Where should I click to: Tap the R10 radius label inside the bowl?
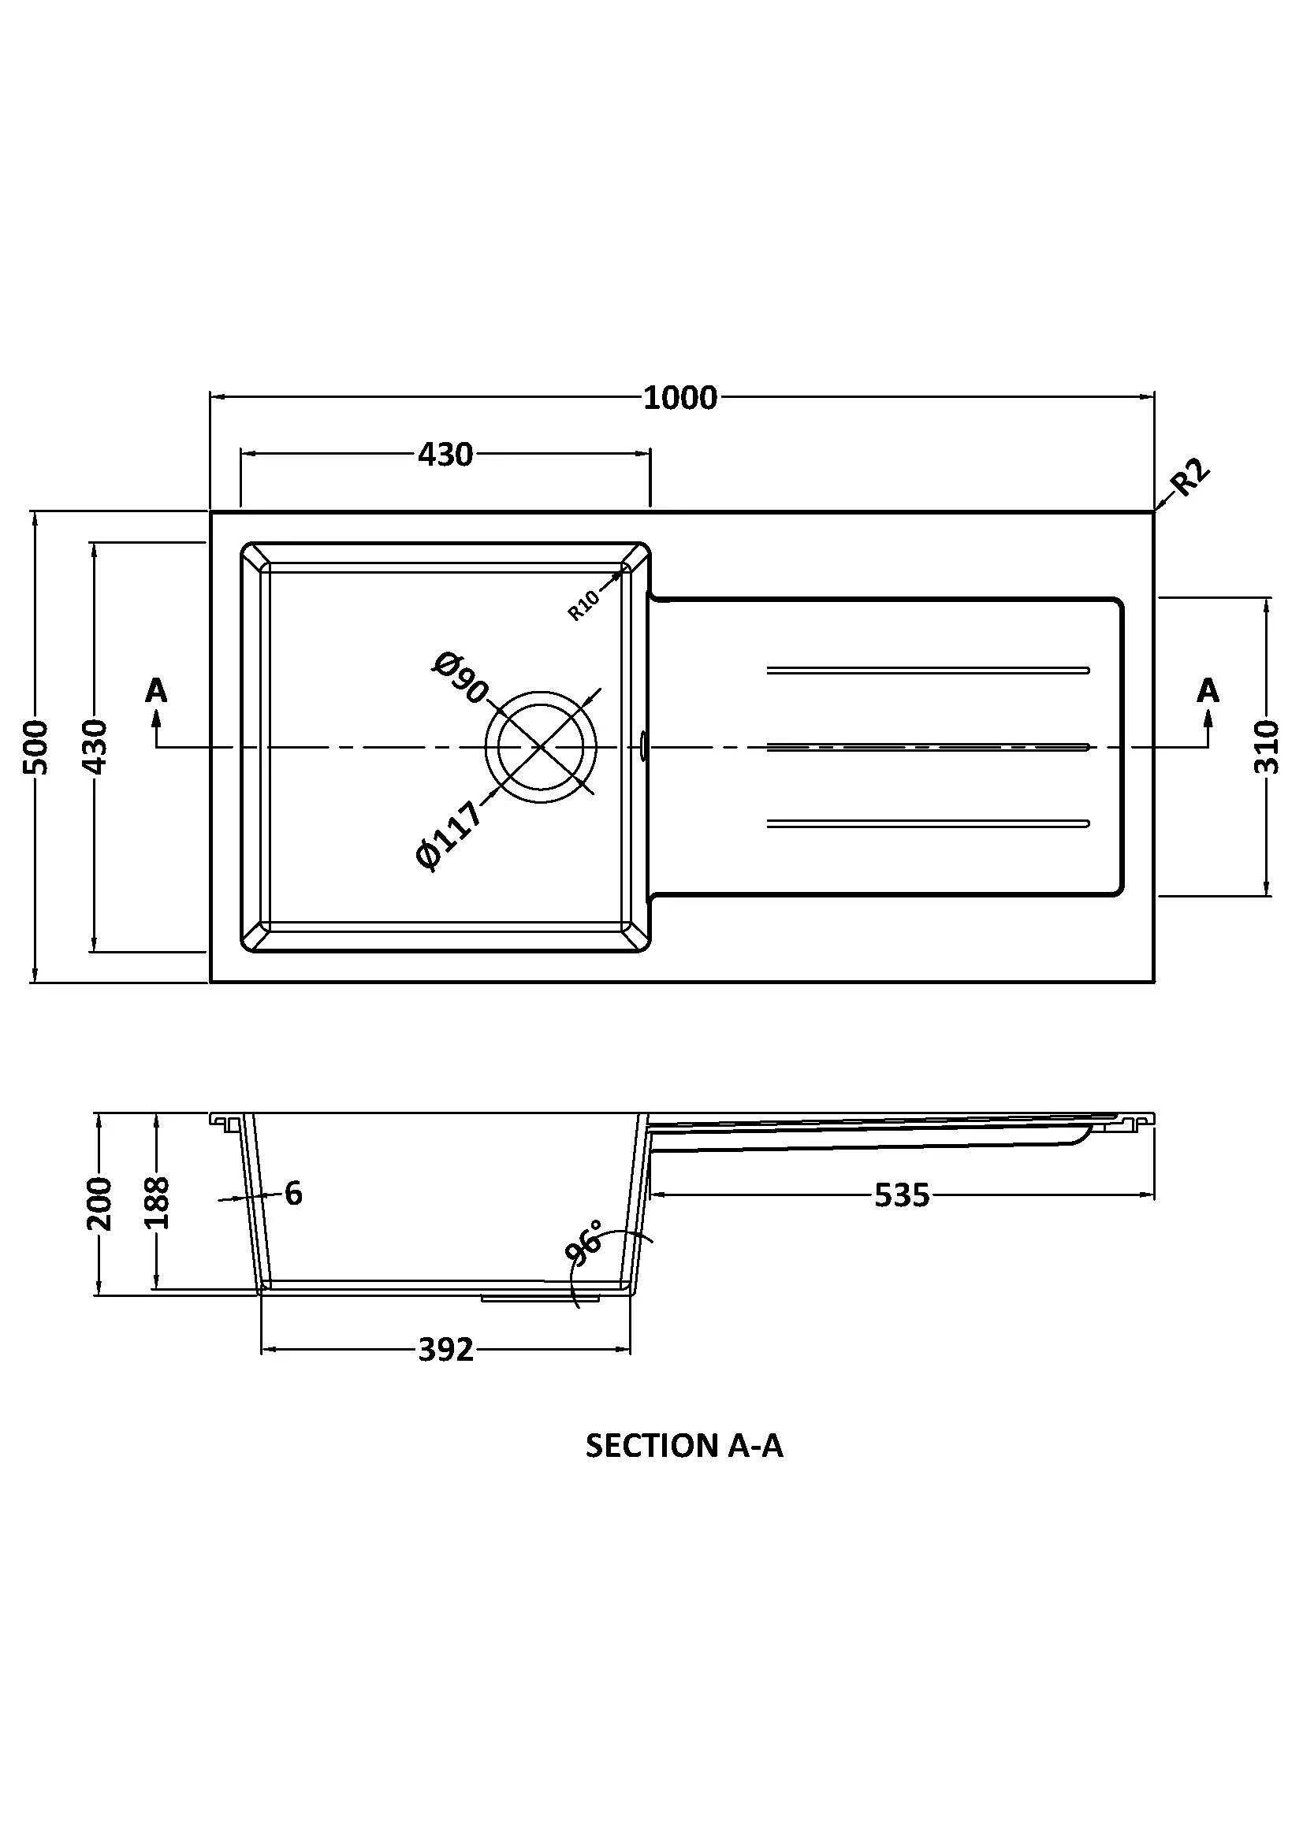pyautogui.click(x=583, y=605)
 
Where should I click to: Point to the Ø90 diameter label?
pyautogui.click(x=460, y=678)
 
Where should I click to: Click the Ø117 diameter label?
pyautogui.click(x=449, y=834)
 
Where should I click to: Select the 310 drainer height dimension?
pyautogui.click(x=1265, y=746)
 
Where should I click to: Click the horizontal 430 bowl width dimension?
pyautogui.click(x=445, y=455)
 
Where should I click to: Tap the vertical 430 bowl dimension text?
pyautogui.click(x=95, y=746)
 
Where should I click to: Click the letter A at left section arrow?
pyautogui.click(x=157, y=690)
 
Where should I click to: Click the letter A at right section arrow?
pyautogui.click(x=1208, y=690)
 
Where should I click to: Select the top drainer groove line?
pyautogui.click(x=927, y=670)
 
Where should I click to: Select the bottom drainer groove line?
pyautogui.click(x=927, y=823)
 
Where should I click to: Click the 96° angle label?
pyautogui.click(x=583, y=1243)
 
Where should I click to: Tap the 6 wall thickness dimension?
pyautogui.click(x=294, y=1194)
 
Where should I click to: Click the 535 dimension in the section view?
pyautogui.click(x=901, y=1196)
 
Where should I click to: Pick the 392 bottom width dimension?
pyautogui.click(x=445, y=1351)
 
